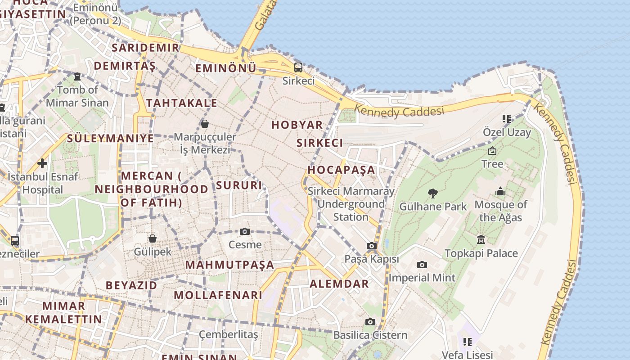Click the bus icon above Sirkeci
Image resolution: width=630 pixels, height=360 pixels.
(298, 67)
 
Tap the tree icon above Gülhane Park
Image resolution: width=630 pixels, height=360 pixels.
(433, 193)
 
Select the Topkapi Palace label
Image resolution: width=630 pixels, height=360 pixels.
(481, 253)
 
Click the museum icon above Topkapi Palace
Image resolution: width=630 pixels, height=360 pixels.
(481, 239)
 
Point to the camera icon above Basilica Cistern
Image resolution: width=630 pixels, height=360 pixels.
(370, 322)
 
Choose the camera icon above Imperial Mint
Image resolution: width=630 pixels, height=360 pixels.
(422, 265)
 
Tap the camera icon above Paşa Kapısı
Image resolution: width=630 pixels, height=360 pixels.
(372, 246)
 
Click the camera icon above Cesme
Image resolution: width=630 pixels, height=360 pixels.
(245, 231)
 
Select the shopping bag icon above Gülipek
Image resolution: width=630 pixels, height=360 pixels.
(153, 238)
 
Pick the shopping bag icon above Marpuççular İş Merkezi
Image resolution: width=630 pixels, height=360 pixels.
(205, 123)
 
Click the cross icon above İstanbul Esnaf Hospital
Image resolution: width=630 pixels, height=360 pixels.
(42, 163)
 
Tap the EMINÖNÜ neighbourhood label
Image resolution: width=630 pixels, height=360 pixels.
(225, 68)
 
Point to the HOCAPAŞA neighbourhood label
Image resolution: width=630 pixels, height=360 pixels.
(341, 170)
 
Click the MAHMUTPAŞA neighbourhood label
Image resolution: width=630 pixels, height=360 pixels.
(229, 265)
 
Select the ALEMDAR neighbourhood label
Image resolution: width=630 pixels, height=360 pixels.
(339, 284)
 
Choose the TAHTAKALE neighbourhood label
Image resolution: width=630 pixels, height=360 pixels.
(182, 103)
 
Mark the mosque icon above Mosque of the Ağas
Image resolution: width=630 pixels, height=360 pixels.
(500, 192)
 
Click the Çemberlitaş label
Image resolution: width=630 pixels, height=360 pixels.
(229, 335)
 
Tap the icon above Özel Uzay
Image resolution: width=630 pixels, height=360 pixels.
(507, 119)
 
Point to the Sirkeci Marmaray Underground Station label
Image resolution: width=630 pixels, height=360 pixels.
(351, 204)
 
